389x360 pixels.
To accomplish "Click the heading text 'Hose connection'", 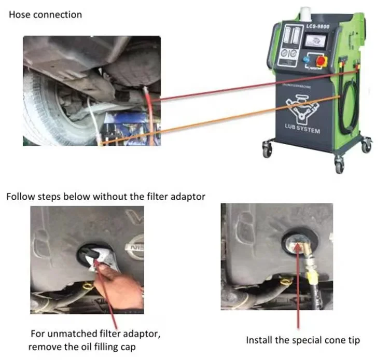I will (45, 15).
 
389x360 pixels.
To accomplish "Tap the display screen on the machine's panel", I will (315, 40).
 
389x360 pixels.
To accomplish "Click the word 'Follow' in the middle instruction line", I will (19, 197).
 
